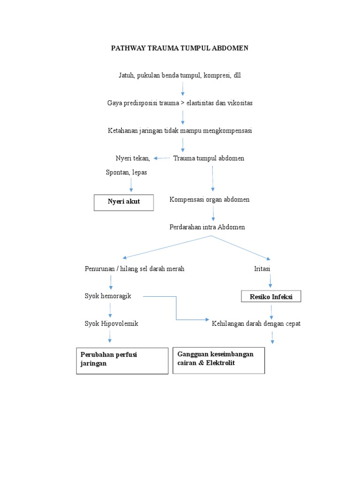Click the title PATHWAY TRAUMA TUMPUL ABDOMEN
pyautogui.click(x=180, y=48)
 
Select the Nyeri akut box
pyautogui.click(x=124, y=202)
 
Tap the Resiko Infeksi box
pyautogui.click(x=271, y=297)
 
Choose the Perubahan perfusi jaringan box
pyautogui.click(x=122, y=360)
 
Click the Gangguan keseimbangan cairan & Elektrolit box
pyautogui.click(x=218, y=360)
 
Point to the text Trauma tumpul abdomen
pyautogui.click(x=209, y=158)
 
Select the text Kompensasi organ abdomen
pyautogui.click(x=209, y=200)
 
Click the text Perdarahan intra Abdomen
pyautogui.click(x=207, y=227)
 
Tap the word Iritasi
pyautogui.click(x=262, y=269)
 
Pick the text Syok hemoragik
pyautogui.click(x=108, y=296)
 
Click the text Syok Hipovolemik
pyautogui.click(x=112, y=323)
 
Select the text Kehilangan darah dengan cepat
pyautogui.click(x=256, y=323)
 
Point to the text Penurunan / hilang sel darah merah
pyautogui.click(x=134, y=269)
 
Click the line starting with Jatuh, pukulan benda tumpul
pyautogui.click(x=180, y=75)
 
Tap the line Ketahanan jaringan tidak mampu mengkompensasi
pyautogui.click(x=180, y=131)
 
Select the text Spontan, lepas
pyautogui.click(x=127, y=172)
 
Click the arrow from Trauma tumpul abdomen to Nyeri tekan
pyautogui.click(x=162, y=158)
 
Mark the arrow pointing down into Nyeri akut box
pyautogui.click(x=131, y=185)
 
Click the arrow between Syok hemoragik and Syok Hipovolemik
pyautogui.click(x=110, y=310)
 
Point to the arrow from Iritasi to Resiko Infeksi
pyautogui.click(x=271, y=281)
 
